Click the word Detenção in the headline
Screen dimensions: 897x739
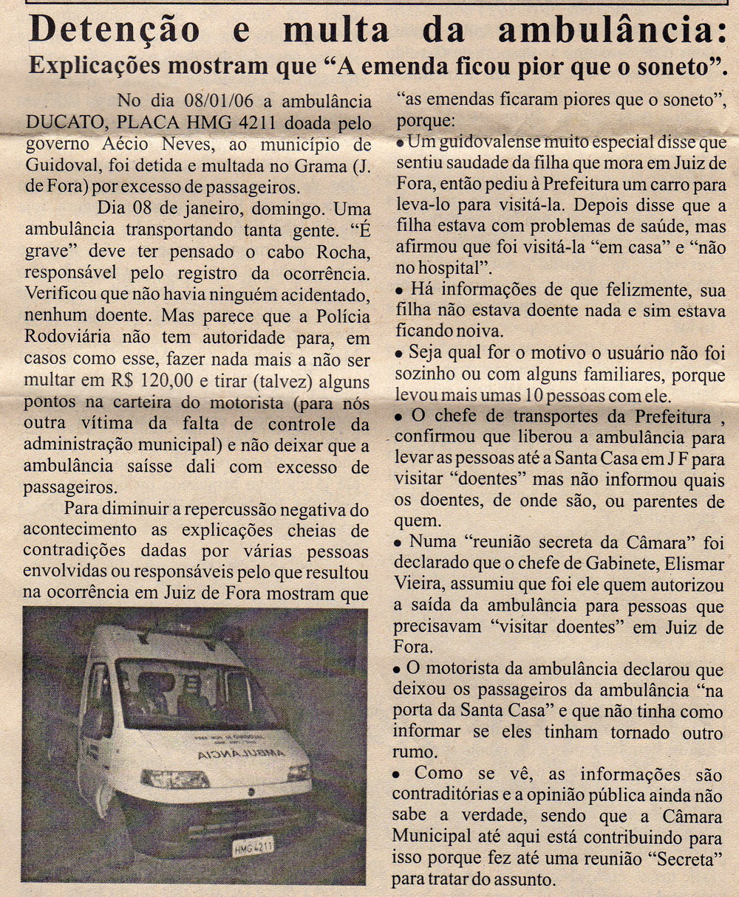pos(115,31)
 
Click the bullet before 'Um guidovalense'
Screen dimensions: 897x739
pos(401,142)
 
